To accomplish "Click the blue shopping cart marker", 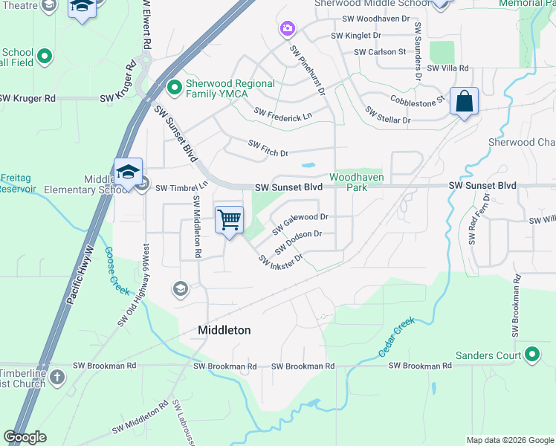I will (x=230, y=220).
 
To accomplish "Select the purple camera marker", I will (x=287, y=29).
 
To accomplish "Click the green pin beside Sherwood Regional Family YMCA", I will (x=175, y=88).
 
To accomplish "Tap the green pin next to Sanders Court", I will (x=531, y=355).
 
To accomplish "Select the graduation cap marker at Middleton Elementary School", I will (x=129, y=172).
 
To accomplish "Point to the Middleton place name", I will (x=224, y=329).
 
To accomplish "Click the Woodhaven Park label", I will (x=349, y=182).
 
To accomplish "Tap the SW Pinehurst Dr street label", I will (x=308, y=71).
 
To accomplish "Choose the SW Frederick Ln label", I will (x=282, y=113).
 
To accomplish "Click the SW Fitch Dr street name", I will (x=268, y=148).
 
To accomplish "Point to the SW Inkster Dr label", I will (x=280, y=259).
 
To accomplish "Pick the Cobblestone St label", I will (x=416, y=99).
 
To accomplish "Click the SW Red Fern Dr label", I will (x=479, y=219).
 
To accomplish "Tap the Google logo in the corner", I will (x=26, y=437).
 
